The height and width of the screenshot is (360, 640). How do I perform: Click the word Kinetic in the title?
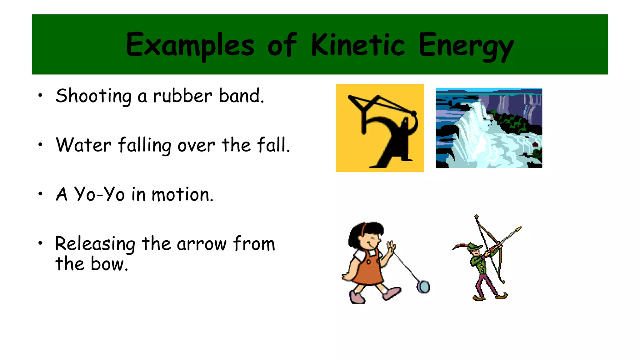coord(358,45)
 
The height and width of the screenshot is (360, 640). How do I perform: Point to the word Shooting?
coord(93,96)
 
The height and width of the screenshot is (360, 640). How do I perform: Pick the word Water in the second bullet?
coord(83,145)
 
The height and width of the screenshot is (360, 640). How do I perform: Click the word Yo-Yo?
coord(99,194)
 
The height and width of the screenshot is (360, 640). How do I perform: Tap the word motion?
coord(182,195)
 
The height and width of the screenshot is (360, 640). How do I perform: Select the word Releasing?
coord(95,244)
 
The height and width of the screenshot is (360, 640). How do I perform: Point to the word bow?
coord(109,264)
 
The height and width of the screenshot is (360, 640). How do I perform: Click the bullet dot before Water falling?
coord(40,145)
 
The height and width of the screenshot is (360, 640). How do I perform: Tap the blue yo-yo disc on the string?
coord(424,287)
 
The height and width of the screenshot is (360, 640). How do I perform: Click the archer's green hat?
coord(475,247)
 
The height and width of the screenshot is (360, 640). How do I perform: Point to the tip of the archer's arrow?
coord(520,228)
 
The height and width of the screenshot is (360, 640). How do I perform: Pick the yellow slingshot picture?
coord(380,128)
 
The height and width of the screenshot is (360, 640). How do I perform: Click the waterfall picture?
coord(489,128)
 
